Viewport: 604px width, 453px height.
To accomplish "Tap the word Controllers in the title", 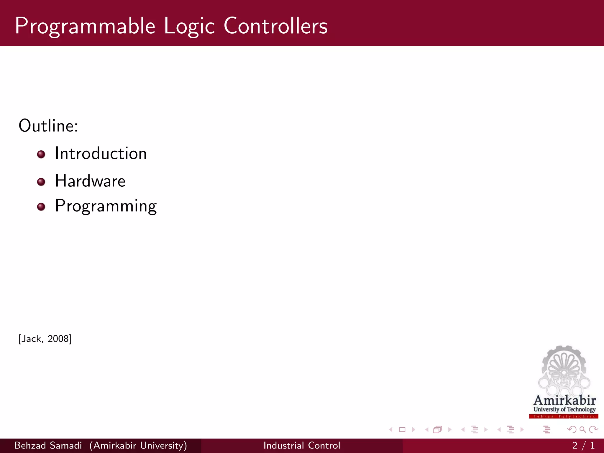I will [275, 26].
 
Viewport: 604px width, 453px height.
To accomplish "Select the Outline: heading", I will [48, 126].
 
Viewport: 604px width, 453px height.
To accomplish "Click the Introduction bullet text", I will [101, 153].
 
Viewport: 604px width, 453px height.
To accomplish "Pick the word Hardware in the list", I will [90, 181].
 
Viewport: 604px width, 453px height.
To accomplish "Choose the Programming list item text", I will [106, 206].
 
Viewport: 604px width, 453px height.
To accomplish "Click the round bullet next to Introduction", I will [41, 154].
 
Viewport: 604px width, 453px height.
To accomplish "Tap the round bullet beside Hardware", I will [41, 182].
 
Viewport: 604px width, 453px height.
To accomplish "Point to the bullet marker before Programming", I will [41, 207].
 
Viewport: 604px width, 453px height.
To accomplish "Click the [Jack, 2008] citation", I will [45, 339].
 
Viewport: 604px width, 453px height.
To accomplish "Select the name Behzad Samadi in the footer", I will [48, 445].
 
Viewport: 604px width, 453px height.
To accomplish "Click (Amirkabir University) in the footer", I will [138, 445].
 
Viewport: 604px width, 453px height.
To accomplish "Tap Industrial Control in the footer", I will [302, 445].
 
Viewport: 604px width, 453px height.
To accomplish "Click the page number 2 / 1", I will [583, 445].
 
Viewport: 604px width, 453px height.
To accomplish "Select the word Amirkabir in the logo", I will [564, 401].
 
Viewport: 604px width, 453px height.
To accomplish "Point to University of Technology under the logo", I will [564, 409].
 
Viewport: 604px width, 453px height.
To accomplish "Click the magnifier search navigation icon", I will [582, 430].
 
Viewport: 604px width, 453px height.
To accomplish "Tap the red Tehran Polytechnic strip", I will [564, 416].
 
